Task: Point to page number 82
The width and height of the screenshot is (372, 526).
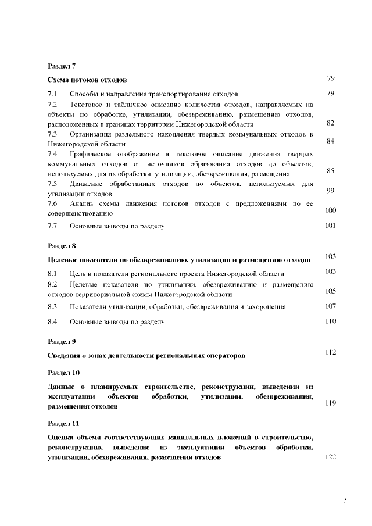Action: point(330,123)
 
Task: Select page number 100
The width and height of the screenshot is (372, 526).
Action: point(331,210)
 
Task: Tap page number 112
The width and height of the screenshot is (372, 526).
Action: point(331,352)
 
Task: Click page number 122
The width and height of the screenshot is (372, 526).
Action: point(331,457)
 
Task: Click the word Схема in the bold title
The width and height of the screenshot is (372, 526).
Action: point(59,80)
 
